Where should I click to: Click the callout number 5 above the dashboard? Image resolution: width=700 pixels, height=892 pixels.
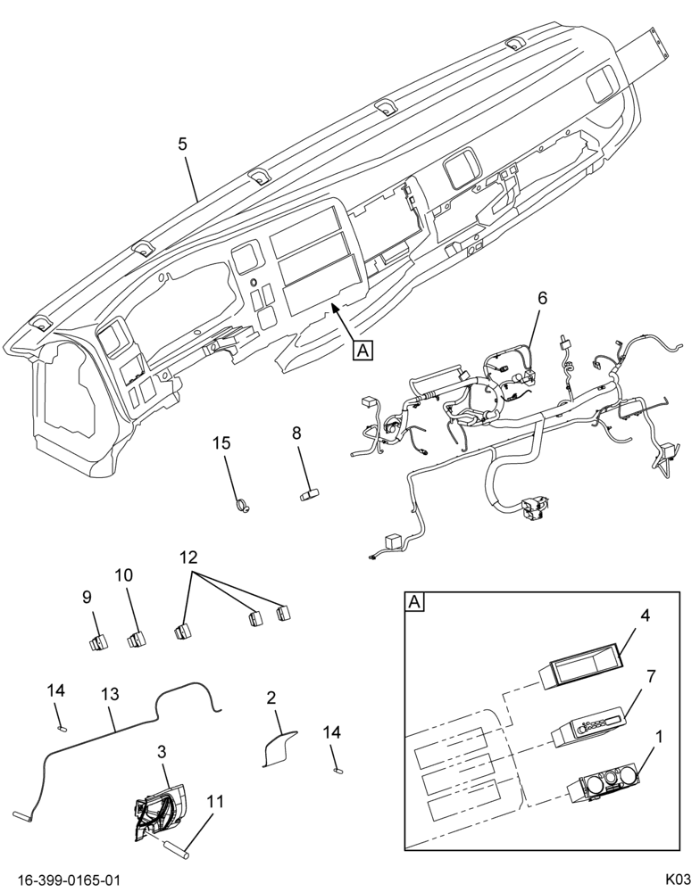point(181,144)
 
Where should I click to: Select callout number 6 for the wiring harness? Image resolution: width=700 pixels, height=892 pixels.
point(542,298)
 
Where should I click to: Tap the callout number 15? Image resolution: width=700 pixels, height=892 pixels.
point(222,442)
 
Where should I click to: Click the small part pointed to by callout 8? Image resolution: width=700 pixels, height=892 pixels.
point(310,495)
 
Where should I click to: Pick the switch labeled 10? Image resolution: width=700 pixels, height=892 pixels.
point(136,640)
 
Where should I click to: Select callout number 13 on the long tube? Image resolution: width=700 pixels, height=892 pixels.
point(111,695)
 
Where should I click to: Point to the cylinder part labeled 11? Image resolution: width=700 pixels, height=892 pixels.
point(177,849)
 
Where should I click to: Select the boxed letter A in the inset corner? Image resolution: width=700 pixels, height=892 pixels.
point(414,602)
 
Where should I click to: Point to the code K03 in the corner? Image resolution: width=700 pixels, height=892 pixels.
point(678,880)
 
